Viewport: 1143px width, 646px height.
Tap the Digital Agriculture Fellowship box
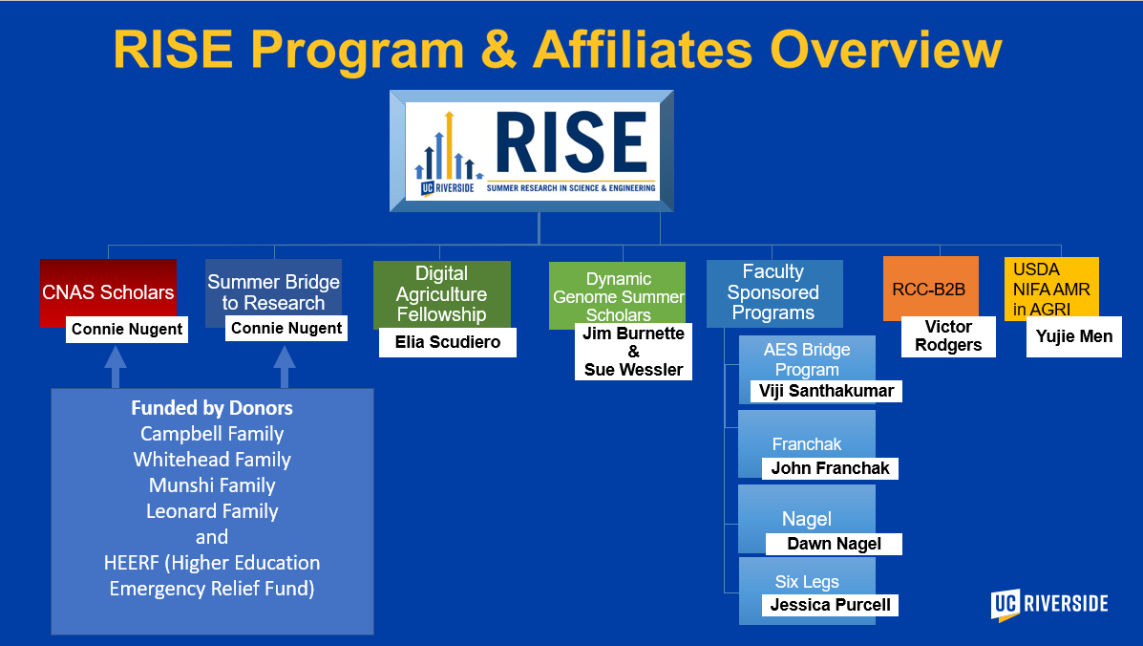[x=442, y=293]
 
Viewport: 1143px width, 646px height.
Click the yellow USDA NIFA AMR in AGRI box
[x=1051, y=287]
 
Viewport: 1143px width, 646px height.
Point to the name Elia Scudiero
[x=448, y=342]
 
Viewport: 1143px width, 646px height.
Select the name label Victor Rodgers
[x=948, y=336]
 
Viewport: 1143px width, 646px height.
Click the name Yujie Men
[x=1073, y=336]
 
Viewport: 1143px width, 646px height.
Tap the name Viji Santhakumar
[x=826, y=391]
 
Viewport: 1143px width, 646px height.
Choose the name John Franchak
[x=831, y=468]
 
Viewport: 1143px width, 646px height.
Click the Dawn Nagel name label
[x=834, y=544]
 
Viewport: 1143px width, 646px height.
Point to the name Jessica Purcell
[x=831, y=605]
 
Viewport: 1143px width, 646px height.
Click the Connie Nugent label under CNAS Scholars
[x=127, y=330]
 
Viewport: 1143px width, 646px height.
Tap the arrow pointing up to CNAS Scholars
[x=116, y=367]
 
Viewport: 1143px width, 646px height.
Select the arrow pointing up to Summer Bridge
[x=285, y=367]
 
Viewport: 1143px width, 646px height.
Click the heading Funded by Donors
[x=212, y=408]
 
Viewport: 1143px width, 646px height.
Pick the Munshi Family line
[x=212, y=485]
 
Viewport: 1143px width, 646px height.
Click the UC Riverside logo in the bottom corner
[x=1049, y=605]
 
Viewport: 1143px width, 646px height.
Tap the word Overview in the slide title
[x=886, y=50]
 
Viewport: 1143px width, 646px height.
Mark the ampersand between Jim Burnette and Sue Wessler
[x=633, y=352]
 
